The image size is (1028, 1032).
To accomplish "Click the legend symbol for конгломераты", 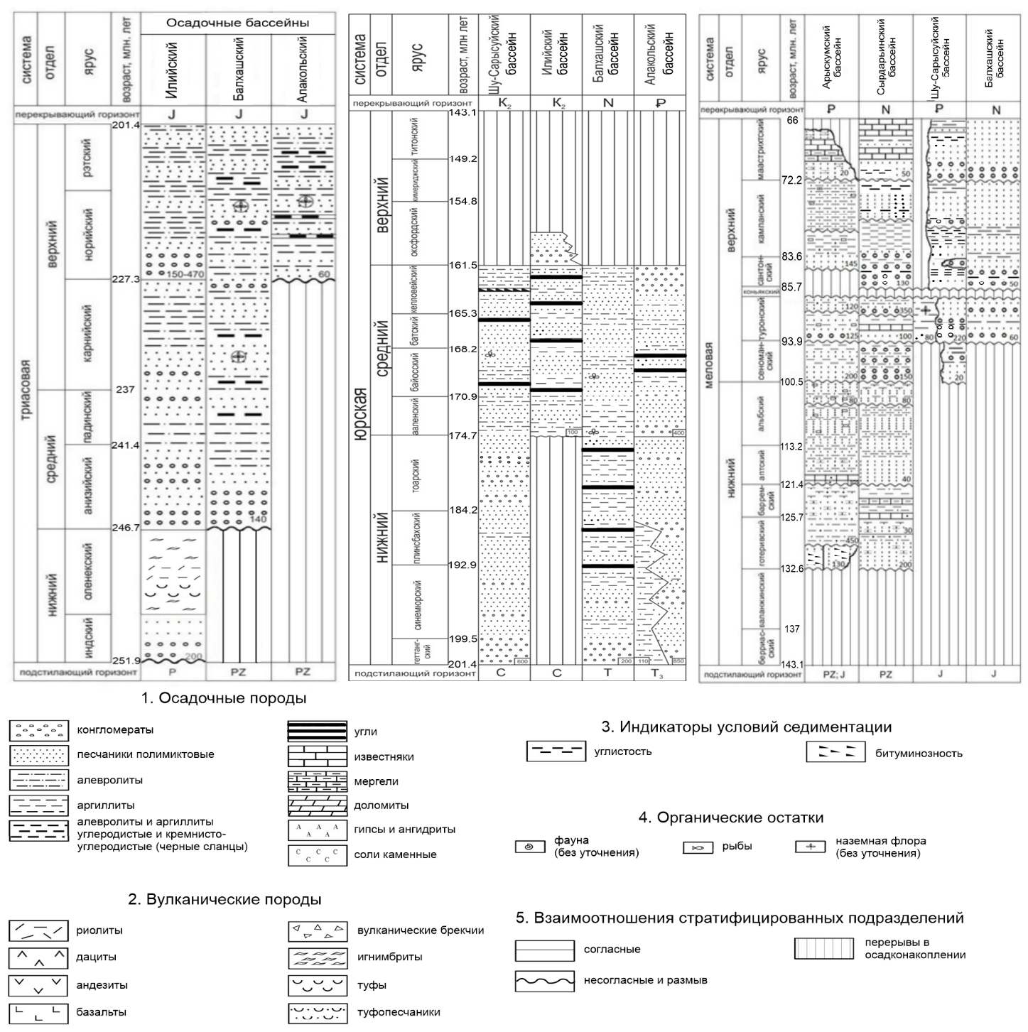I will [38, 730].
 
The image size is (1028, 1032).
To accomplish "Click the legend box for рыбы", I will [698, 847].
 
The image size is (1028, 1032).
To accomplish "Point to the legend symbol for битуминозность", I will [835, 753].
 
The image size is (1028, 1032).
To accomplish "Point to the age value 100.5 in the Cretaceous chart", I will [791, 382].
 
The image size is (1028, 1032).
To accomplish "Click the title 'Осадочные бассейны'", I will [237, 23].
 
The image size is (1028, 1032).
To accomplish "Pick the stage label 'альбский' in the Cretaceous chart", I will [761, 415].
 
